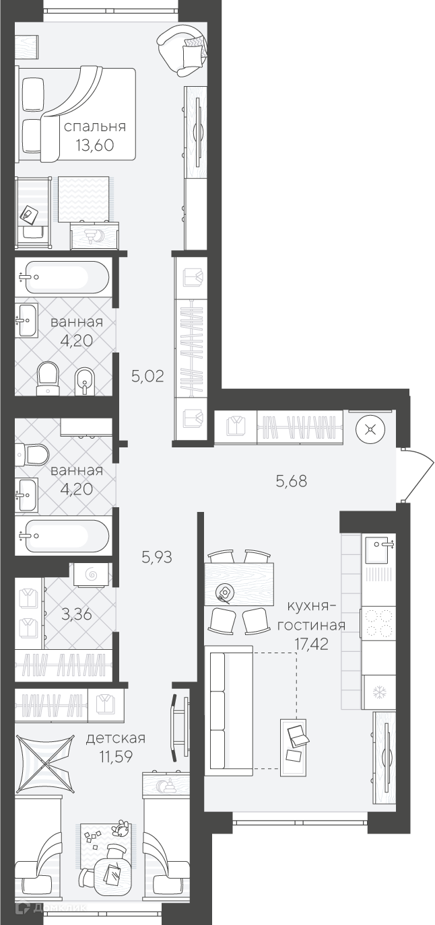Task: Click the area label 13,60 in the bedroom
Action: [x=95, y=145]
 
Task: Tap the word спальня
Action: [x=95, y=126]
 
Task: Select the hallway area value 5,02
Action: [x=147, y=376]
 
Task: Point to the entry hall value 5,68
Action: [x=292, y=481]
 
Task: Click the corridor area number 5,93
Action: [x=157, y=557]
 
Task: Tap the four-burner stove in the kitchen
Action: [x=378, y=624]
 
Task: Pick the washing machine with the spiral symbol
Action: [x=92, y=575]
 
